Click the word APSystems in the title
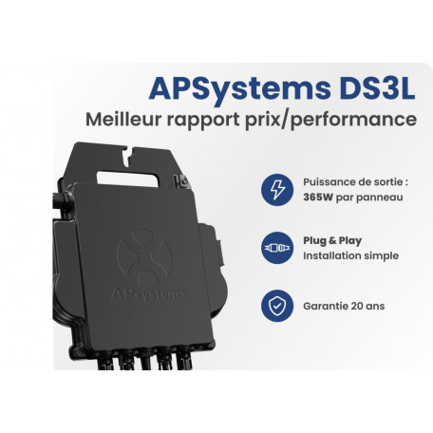pyautogui.click(x=239, y=88)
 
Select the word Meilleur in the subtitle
pyautogui.click(x=123, y=120)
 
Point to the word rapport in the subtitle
pyautogui.click(x=203, y=121)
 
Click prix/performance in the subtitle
pyautogui.click(x=330, y=120)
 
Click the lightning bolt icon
pyautogui.click(x=277, y=190)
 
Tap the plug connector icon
pyautogui.click(x=277, y=248)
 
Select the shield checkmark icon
pyautogui.click(x=277, y=306)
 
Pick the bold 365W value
pyautogui.click(x=318, y=198)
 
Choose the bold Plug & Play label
pyautogui.click(x=332, y=241)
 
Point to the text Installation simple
pyautogui.click(x=350, y=255)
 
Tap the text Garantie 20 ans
pyautogui.click(x=344, y=306)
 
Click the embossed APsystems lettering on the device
pyautogui.click(x=148, y=294)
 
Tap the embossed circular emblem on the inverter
pyautogui.click(x=144, y=257)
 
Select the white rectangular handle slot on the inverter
pyautogui.click(x=127, y=179)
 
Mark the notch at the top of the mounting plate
pyautogui.click(x=129, y=157)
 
